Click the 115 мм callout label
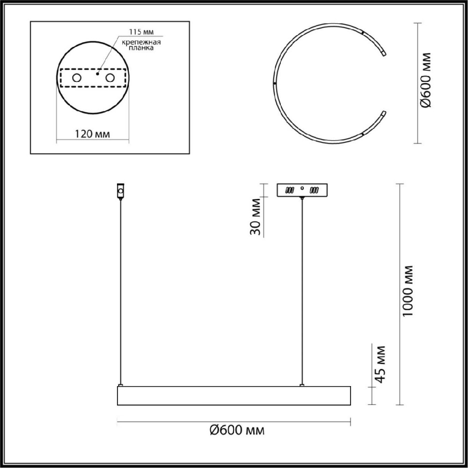point(141,32)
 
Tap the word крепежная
point(141,42)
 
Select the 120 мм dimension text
point(92,134)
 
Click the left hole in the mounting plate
point(77,78)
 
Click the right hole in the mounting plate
point(110,78)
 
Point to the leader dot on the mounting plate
point(97,73)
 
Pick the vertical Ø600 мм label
point(425,80)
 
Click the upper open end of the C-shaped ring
point(384,53)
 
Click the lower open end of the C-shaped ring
point(384,114)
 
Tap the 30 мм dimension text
point(256,217)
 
